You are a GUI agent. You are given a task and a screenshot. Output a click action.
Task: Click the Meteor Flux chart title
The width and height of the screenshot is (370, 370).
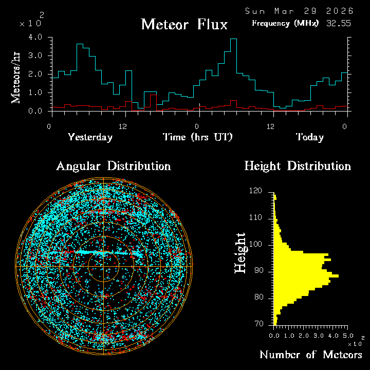click(184, 25)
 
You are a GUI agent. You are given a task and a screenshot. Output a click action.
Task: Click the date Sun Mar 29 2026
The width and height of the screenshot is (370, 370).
click(299, 11)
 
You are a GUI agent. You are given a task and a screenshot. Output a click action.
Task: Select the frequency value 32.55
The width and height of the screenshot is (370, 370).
click(339, 23)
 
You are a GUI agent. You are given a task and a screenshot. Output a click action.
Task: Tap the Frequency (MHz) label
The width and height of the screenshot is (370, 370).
click(285, 23)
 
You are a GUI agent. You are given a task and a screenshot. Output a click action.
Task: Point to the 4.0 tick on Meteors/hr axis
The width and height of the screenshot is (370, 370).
click(35, 38)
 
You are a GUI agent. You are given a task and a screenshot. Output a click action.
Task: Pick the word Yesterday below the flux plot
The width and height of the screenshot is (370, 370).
click(90, 137)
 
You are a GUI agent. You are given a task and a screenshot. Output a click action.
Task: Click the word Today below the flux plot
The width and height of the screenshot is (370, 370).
click(309, 137)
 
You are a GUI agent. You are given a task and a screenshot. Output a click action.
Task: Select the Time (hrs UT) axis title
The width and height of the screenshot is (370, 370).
click(198, 137)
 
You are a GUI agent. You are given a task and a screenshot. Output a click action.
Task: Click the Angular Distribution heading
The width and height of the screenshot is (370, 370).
click(114, 166)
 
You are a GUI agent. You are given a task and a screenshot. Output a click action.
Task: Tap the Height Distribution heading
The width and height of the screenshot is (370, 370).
click(298, 166)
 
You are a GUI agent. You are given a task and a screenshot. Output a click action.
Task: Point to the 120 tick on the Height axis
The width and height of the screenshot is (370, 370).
click(255, 191)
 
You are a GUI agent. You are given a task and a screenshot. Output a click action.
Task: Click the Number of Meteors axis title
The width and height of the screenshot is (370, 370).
click(310, 355)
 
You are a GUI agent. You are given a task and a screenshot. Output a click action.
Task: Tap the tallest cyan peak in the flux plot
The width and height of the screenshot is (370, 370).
click(233, 40)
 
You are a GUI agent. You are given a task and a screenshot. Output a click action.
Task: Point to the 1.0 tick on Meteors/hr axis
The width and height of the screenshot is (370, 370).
click(35, 92)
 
